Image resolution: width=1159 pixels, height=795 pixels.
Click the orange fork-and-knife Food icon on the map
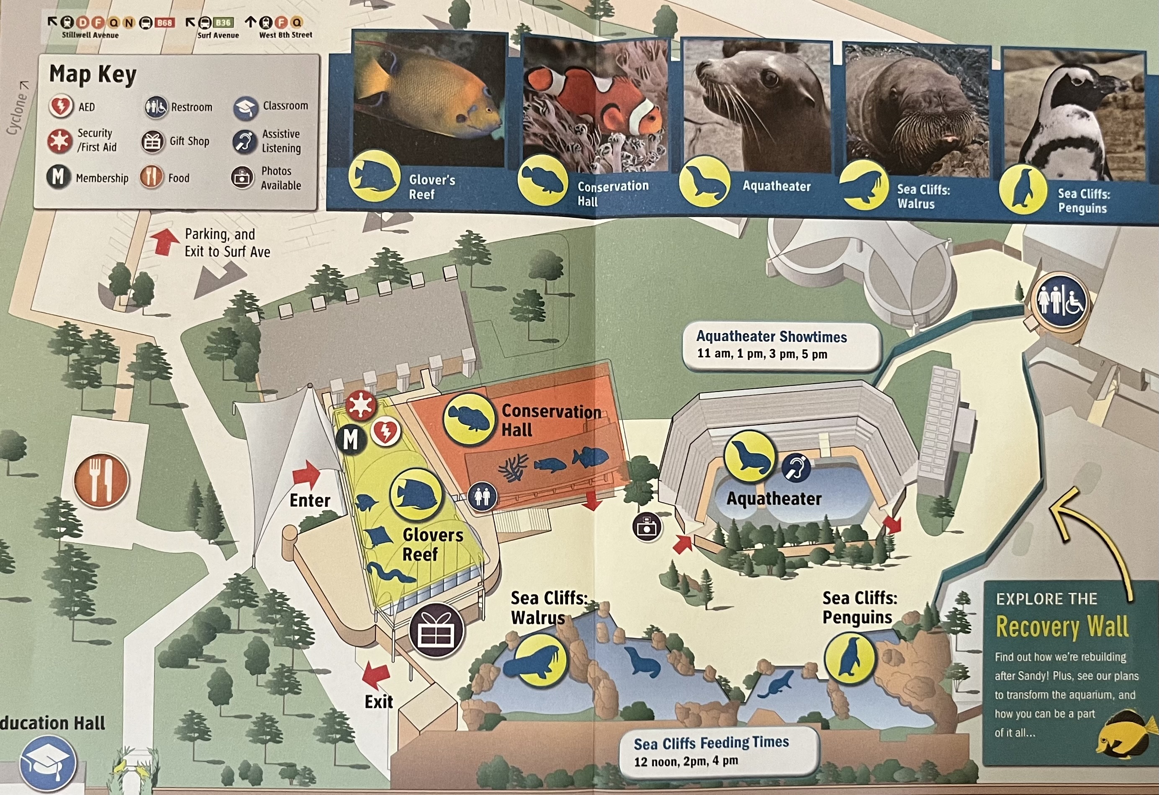pos(101,480)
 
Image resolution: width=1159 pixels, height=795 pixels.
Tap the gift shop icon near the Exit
pos(437,630)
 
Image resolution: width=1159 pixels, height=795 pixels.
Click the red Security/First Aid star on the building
pos(361,404)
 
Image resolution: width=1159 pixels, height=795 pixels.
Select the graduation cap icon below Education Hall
pos(48,764)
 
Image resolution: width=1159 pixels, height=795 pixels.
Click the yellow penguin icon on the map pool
pos(849,657)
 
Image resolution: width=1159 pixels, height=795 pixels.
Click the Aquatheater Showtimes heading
pos(771,337)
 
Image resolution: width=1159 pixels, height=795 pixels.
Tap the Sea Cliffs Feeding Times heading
pos(711,743)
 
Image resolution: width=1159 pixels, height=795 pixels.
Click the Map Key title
pos(93,75)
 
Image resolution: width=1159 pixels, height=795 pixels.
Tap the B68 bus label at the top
pos(164,23)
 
